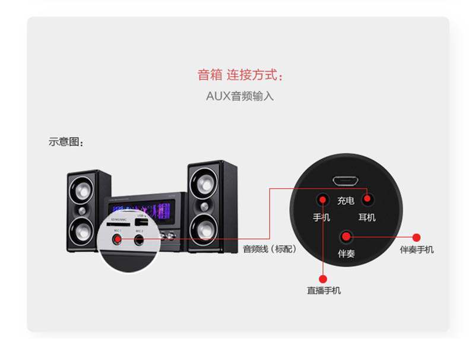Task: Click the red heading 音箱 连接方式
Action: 240,75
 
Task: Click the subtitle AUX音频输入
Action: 240,96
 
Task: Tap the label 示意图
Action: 66,142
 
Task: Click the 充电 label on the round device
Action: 345,201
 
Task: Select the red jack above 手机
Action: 322,199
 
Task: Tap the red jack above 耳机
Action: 367,199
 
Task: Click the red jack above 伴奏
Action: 346,237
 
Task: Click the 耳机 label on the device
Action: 367,217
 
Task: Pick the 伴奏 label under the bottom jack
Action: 346,254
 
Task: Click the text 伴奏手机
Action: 417,250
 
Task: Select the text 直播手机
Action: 324,290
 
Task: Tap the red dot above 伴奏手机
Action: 416,237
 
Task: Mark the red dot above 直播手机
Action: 323,277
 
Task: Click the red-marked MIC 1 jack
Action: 118,239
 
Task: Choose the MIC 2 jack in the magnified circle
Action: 140,240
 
